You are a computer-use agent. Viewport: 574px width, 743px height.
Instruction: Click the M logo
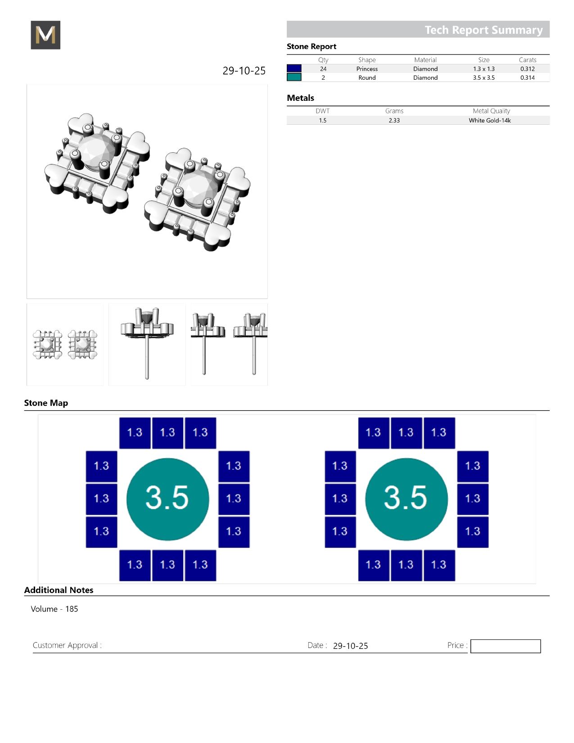45,35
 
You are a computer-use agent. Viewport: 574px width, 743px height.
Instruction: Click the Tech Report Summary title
484,30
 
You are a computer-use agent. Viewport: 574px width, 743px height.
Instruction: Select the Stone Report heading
311,46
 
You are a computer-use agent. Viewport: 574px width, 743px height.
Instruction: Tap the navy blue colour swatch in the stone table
294,68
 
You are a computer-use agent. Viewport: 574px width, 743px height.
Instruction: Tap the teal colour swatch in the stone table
294,77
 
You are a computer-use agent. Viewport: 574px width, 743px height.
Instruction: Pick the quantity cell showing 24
323,69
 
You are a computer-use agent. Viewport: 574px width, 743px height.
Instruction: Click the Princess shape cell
367,69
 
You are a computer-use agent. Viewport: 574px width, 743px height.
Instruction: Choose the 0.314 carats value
527,77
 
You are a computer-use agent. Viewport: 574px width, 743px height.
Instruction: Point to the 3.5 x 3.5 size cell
484,77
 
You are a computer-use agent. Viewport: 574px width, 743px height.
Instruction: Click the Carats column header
528,60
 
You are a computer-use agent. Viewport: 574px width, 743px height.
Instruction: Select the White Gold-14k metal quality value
489,120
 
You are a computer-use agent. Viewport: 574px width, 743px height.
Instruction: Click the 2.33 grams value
394,120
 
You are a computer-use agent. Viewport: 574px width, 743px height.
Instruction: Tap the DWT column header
322,111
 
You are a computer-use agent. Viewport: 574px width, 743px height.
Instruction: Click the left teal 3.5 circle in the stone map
167,499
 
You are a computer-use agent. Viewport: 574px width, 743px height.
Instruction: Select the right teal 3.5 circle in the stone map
406,499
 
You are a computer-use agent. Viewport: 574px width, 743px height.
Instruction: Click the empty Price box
505,646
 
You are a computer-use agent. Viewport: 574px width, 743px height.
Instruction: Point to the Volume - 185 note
54,609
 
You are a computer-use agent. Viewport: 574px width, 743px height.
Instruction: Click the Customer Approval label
67,645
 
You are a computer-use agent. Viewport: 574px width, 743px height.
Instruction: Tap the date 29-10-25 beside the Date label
350,646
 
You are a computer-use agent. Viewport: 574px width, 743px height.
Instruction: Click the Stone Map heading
46,403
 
